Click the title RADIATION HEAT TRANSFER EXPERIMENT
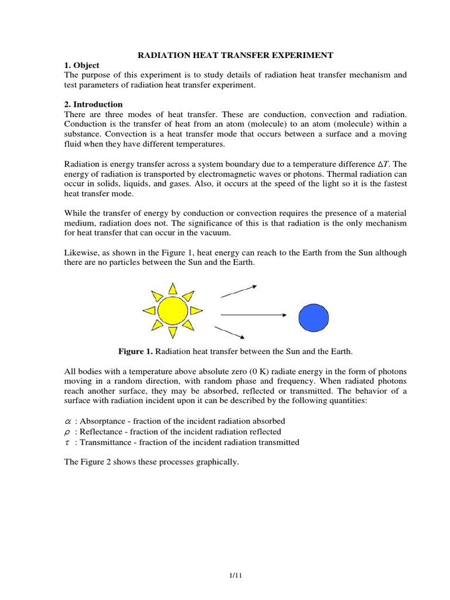[235, 55]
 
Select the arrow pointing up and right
[238, 291]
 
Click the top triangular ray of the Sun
[172, 288]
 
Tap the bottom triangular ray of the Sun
[172, 333]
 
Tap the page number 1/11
[235, 576]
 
